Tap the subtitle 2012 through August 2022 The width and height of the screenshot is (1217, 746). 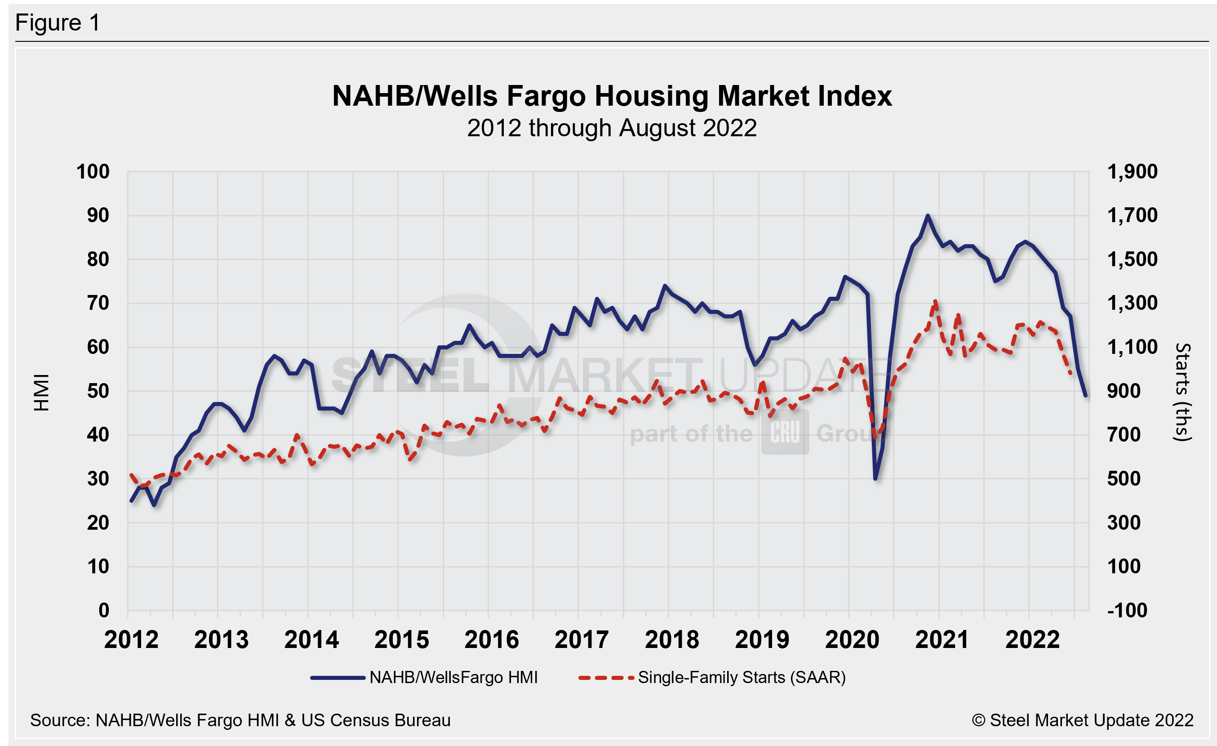point(612,129)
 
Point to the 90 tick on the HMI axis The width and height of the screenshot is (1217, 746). point(98,215)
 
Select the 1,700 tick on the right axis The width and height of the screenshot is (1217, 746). point(1132,215)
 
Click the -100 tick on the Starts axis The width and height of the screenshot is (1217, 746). point(1124,610)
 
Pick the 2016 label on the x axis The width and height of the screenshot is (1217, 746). point(492,640)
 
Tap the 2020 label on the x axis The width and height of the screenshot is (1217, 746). point(852,640)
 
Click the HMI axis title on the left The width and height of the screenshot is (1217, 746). point(42,392)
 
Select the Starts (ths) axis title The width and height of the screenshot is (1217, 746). point(1183,392)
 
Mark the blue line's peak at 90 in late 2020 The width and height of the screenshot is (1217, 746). point(928,216)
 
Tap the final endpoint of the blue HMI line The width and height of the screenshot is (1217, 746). point(1085,395)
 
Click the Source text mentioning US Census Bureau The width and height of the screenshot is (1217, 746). point(240,720)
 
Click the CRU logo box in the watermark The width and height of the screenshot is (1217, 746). point(785,432)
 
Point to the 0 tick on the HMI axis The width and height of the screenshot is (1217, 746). point(104,610)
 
